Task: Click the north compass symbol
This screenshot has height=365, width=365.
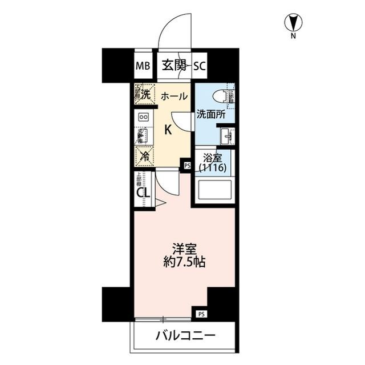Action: pyautogui.click(x=293, y=23)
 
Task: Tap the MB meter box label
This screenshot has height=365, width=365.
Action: pyautogui.click(x=143, y=65)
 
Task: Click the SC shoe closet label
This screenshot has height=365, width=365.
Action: pyautogui.click(x=199, y=65)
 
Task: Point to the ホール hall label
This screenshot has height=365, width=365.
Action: pyautogui.click(x=173, y=96)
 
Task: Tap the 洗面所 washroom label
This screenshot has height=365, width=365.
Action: pyautogui.click(x=211, y=114)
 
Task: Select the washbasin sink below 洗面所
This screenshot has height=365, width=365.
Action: pyautogui.click(x=225, y=135)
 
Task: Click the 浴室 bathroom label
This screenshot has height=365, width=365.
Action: pyautogui.click(x=212, y=158)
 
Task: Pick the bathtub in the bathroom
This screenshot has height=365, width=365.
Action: pyautogui.click(x=214, y=190)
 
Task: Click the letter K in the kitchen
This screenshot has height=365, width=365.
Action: pyautogui.click(x=168, y=129)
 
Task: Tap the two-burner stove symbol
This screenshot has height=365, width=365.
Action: pyautogui.click(x=143, y=117)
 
